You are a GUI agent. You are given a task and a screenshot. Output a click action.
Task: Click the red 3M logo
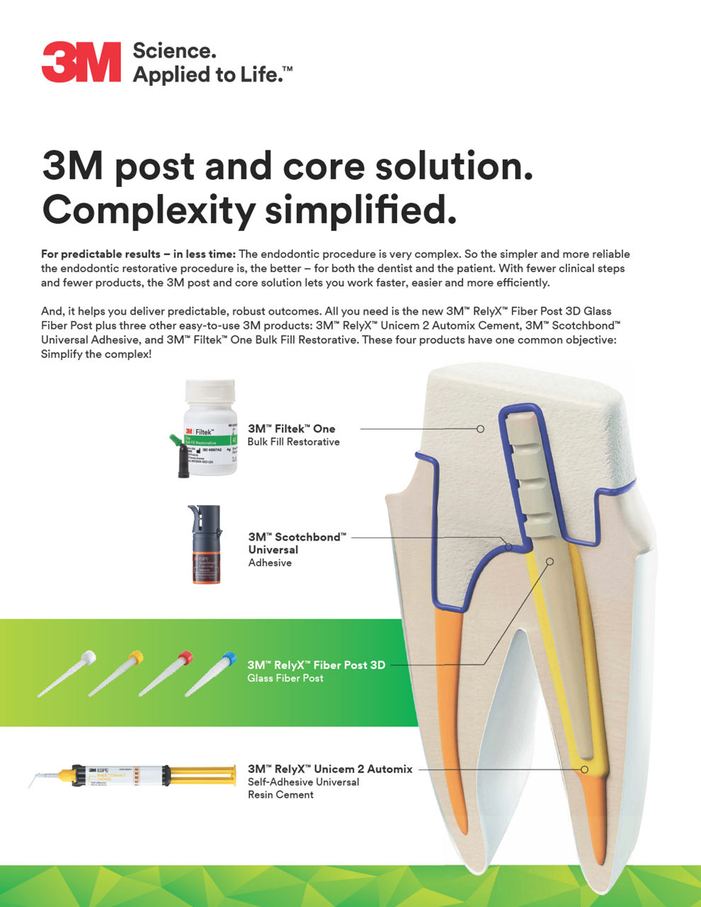pyautogui.click(x=81, y=62)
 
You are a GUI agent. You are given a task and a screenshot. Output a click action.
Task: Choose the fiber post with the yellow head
pyautogui.click(x=116, y=673)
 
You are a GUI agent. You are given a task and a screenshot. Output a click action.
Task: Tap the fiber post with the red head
pyautogui.click(x=166, y=673)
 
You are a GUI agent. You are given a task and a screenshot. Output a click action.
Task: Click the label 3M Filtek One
pyautogui.click(x=291, y=429)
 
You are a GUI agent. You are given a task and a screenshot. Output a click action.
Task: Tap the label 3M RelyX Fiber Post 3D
pyautogui.click(x=316, y=665)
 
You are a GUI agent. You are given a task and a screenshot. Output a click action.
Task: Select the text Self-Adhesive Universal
pyautogui.click(x=303, y=782)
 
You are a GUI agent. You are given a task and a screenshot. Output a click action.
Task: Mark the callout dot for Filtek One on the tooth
pyautogui.click(x=480, y=429)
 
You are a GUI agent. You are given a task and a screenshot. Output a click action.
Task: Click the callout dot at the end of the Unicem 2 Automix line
pyautogui.click(x=585, y=769)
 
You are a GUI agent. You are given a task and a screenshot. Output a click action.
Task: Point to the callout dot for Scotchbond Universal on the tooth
pyautogui.click(x=508, y=546)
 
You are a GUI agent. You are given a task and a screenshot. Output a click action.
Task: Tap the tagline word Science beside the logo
pyautogui.click(x=173, y=51)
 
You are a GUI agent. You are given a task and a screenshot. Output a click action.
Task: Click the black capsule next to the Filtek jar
pyautogui.click(x=184, y=461)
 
